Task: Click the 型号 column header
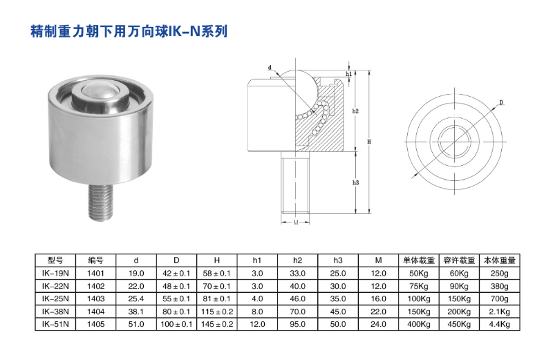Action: [55, 260]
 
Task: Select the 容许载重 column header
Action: [458, 260]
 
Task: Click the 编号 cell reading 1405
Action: [96, 323]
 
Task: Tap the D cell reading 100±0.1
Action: [176, 323]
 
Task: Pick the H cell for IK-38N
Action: [216, 310]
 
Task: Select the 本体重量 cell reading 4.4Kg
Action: [500, 323]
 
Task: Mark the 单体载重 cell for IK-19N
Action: [418, 273]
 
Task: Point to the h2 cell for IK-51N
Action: [297, 323]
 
